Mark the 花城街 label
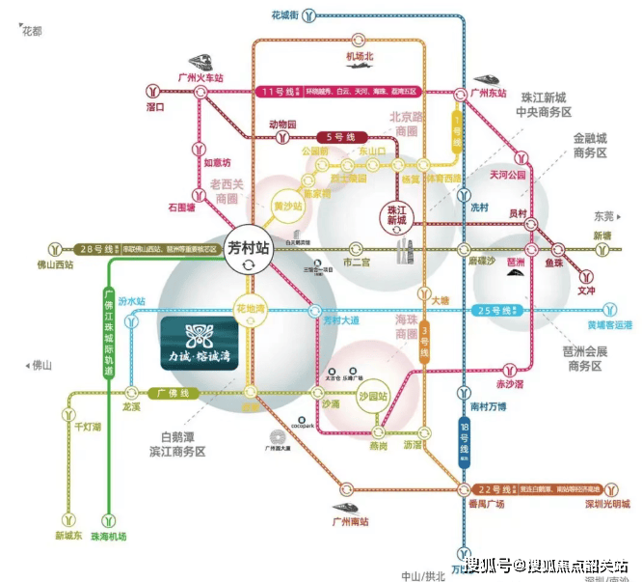[x=288, y=15]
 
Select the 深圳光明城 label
[x=604, y=504]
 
